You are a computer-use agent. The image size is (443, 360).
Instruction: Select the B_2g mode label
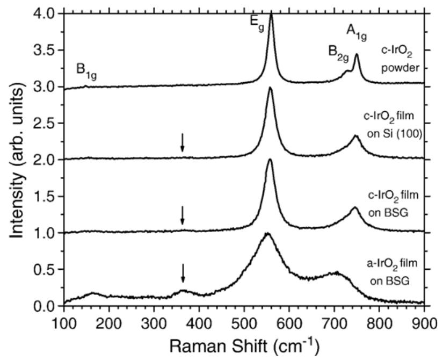pyautogui.click(x=339, y=52)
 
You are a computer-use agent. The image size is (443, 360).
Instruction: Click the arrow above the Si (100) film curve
pyautogui.click(x=183, y=142)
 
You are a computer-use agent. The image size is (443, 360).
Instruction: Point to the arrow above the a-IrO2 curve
pyautogui.click(x=183, y=273)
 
